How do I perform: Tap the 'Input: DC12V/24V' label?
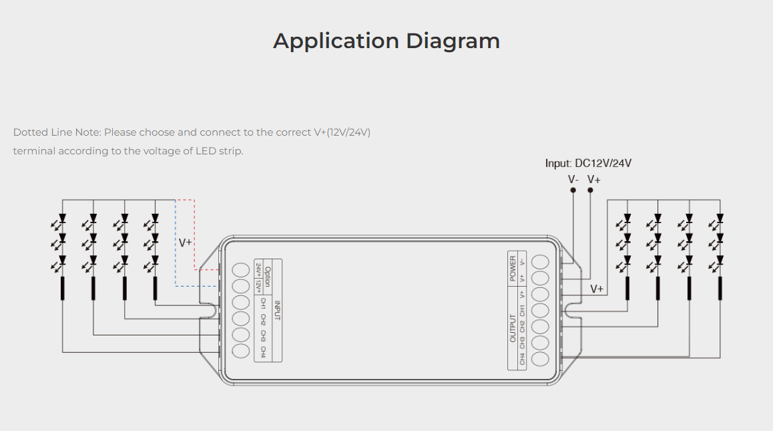588,163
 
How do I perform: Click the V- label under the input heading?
573,179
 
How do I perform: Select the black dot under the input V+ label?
590,190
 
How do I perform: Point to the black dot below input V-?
573,190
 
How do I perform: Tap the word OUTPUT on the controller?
513,328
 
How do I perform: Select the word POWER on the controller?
513,267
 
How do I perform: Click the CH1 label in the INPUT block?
263,303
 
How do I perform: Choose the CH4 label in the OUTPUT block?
522,359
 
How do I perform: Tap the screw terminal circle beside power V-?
540,261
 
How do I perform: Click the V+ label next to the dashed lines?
185,243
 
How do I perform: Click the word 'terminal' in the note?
34,151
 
